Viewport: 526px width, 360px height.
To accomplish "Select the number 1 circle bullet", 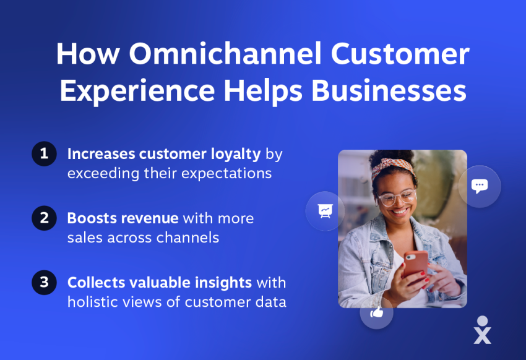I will [x=44, y=154].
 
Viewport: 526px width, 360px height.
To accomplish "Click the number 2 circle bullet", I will [x=44, y=218].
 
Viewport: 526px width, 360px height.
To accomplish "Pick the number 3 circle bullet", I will [x=44, y=283].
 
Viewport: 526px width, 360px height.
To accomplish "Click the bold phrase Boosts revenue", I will [x=123, y=218].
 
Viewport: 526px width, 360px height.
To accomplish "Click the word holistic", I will [x=91, y=302].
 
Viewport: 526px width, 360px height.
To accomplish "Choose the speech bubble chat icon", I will [x=479, y=186].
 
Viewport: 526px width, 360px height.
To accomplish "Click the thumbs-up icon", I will [x=376, y=313].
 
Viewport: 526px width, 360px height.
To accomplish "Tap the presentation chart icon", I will [x=325, y=211].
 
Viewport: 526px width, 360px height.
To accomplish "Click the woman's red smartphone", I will [x=415, y=263].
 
